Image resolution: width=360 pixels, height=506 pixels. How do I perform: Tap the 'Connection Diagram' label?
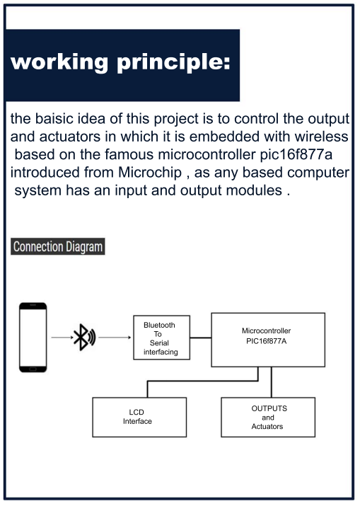(x=58, y=247)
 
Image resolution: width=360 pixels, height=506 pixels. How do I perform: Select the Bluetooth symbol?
(x=83, y=337)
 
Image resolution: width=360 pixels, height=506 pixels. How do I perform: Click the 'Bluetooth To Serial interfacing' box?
(x=161, y=338)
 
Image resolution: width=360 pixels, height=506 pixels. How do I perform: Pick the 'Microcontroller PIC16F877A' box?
(x=268, y=339)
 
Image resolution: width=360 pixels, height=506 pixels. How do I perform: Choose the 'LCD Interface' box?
(x=139, y=417)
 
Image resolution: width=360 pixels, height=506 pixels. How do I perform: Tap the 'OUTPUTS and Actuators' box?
(x=268, y=417)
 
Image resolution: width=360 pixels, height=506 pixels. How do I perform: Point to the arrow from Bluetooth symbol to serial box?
(x=114, y=337)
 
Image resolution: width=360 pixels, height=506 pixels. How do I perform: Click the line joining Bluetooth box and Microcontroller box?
(x=201, y=337)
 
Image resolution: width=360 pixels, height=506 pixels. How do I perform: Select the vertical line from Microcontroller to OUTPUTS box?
(x=272, y=381)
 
